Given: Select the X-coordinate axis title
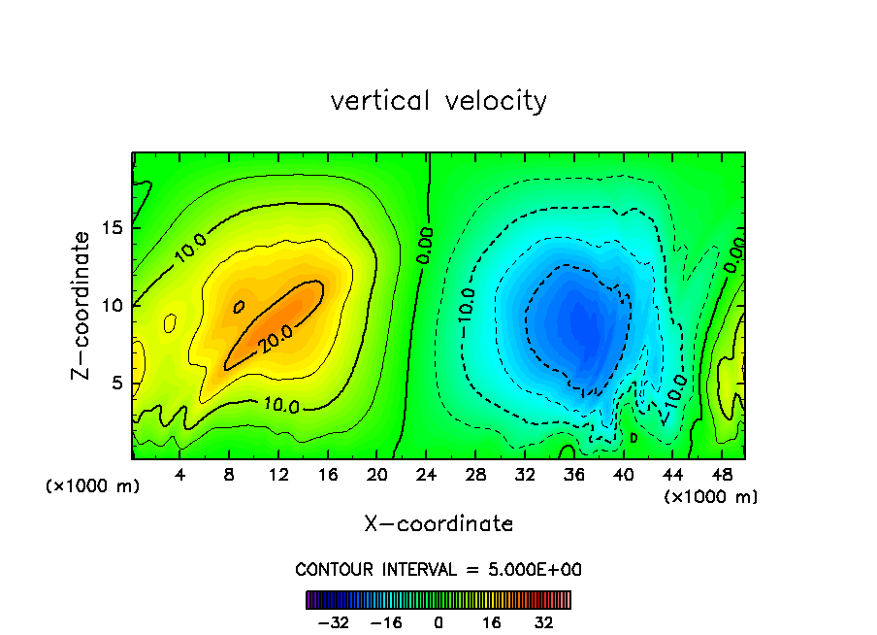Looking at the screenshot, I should pos(438,524).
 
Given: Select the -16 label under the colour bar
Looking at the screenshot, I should pos(386,622).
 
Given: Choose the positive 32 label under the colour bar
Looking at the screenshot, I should pos(543,622).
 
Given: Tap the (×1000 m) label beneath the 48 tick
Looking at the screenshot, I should pos(711,497).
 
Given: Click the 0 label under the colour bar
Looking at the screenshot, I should pos(438,622).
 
